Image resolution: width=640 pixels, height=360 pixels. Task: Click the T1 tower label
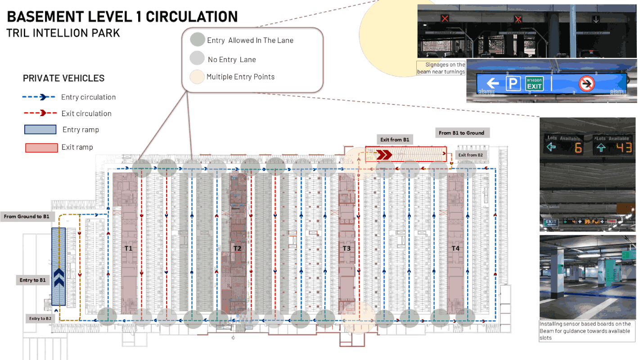click(129, 248)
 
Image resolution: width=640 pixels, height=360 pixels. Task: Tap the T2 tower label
click(237, 248)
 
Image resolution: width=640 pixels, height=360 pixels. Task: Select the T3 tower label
click(347, 248)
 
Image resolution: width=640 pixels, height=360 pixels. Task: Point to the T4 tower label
click(455, 248)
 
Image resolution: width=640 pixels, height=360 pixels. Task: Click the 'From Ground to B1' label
click(27, 216)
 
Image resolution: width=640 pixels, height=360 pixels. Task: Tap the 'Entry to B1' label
click(32, 280)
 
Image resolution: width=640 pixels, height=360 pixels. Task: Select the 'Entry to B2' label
click(40, 319)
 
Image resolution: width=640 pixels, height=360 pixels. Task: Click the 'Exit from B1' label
click(394, 139)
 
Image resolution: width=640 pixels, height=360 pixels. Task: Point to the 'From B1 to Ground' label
click(461, 133)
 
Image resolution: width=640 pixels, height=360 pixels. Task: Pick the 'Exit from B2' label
click(470, 155)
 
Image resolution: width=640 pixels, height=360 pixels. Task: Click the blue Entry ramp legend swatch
click(40, 130)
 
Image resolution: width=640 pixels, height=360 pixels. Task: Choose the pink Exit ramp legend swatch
click(41, 147)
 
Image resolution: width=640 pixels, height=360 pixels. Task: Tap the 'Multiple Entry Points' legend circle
click(197, 77)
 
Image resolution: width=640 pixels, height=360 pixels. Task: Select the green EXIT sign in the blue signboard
click(535, 83)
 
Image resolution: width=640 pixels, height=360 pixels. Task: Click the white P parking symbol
click(513, 84)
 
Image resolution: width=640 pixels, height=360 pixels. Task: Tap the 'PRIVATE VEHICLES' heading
click(63, 78)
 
